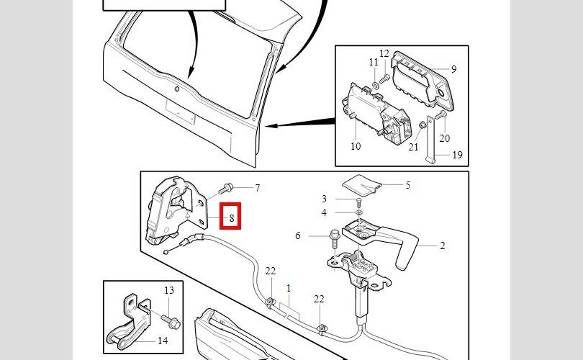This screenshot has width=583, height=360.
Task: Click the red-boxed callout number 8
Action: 232,218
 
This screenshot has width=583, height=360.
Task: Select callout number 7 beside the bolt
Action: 257,188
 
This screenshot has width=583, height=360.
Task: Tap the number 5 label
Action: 408,185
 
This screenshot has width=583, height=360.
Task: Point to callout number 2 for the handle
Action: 442,246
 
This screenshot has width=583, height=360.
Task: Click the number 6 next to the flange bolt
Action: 297,235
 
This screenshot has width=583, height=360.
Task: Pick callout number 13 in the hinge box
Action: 169,290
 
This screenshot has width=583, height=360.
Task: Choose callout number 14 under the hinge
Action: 163,341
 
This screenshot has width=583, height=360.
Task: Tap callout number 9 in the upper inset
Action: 453,69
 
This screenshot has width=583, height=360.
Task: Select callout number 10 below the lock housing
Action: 356,146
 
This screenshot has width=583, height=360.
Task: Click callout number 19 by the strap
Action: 457,154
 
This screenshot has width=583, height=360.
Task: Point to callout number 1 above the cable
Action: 289,288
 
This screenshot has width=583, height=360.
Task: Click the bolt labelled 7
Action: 226,189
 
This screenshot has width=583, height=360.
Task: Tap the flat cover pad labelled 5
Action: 362,185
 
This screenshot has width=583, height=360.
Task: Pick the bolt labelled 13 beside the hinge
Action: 171,322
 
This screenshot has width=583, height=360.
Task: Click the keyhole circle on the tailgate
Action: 177,89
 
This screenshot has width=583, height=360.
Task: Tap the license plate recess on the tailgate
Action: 181,112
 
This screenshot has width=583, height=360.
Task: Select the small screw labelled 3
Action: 359,202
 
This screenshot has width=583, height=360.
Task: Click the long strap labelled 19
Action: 430,140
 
